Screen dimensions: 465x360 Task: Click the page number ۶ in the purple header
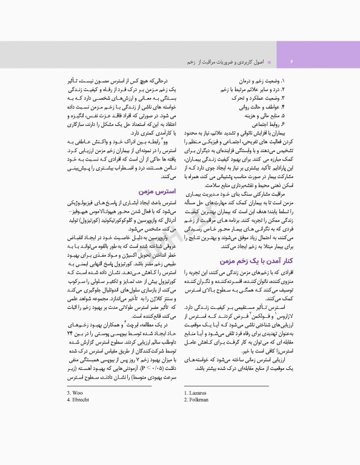(291, 62)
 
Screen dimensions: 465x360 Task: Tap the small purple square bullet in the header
(268, 62)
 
